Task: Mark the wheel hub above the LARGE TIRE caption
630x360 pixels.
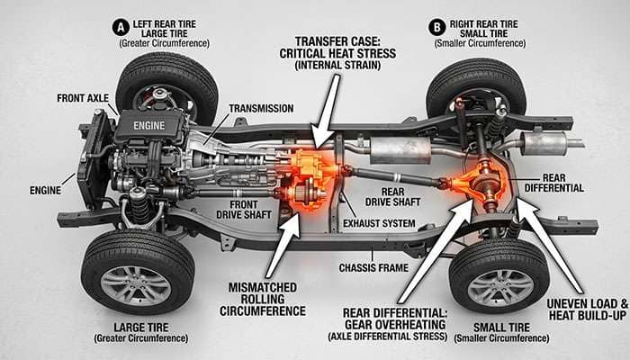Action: coord(136,283)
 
